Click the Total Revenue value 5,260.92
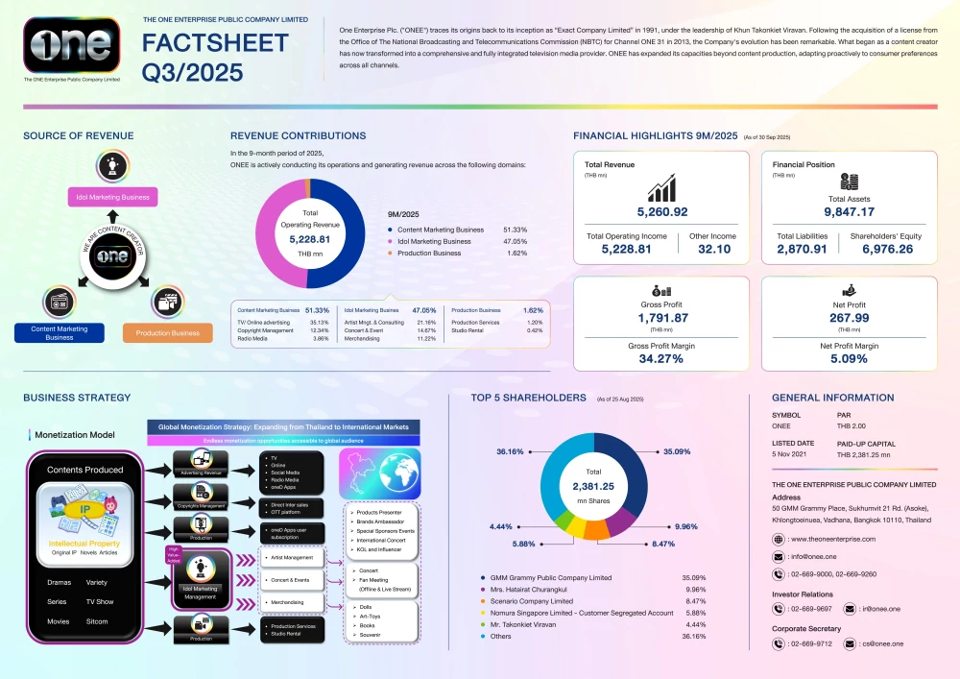(x=662, y=211)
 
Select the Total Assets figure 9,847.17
(x=849, y=211)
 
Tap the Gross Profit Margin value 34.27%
(x=662, y=358)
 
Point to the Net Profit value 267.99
(x=849, y=318)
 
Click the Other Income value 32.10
(x=713, y=249)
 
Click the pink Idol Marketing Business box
(x=113, y=198)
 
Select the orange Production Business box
(x=167, y=333)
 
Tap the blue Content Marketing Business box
(x=60, y=333)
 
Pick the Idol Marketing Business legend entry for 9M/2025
(x=433, y=242)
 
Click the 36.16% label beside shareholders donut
(x=510, y=450)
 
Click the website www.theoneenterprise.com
(x=832, y=540)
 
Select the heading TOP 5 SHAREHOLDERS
(x=528, y=398)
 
